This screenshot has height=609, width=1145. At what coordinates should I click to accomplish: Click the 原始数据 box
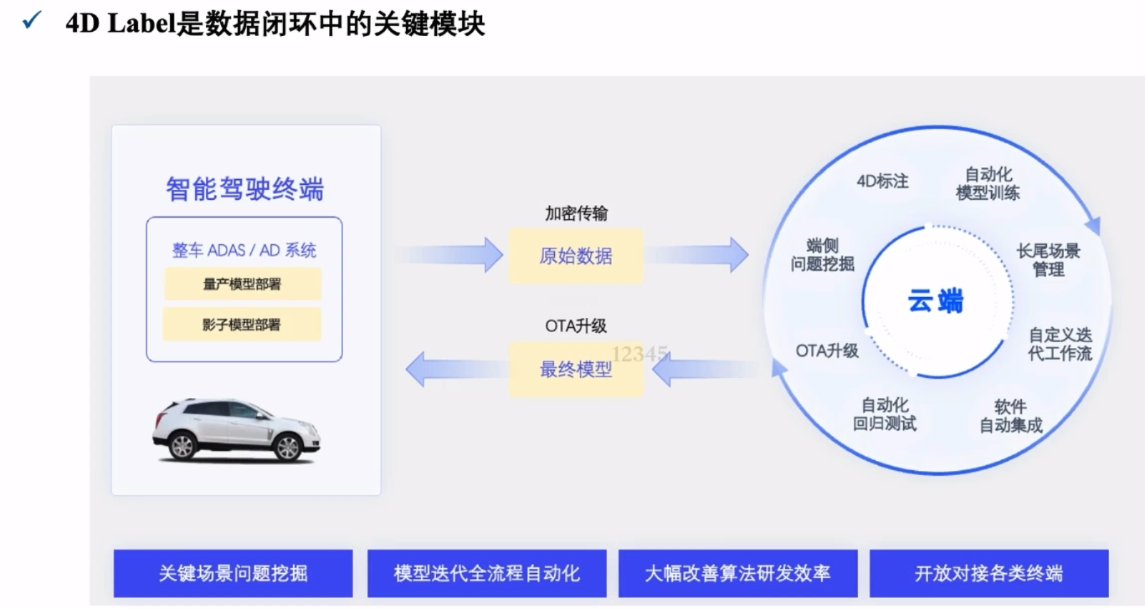pyautogui.click(x=576, y=256)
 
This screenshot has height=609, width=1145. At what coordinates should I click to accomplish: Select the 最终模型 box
pyautogui.click(x=576, y=369)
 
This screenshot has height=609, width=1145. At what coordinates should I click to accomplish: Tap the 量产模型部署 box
pyautogui.click(x=242, y=284)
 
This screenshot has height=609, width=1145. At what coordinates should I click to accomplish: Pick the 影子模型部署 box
pyautogui.click(x=242, y=325)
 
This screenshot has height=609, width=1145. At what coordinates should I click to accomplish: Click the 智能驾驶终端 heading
pyautogui.click(x=244, y=189)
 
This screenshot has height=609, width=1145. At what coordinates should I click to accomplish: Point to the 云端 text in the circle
pyautogui.click(x=935, y=300)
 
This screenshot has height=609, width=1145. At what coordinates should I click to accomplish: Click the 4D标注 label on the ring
pyautogui.click(x=882, y=181)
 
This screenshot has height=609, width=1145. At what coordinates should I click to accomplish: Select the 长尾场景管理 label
pyautogui.click(x=1048, y=260)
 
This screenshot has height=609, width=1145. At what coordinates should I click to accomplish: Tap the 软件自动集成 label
pyautogui.click(x=1011, y=416)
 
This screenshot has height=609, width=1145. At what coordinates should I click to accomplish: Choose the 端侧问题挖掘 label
pyautogui.click(x=822, y=255)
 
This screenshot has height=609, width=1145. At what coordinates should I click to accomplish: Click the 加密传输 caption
pyautogui.click(x=576, y=214)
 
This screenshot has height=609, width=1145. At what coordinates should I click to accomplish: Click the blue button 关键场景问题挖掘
pyautogui.click(x=233, y=573)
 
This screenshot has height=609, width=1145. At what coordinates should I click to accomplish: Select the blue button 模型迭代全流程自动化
pyautogui.click(x=486, y=573)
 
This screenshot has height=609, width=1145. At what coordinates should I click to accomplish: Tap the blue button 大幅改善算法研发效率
pyautogui.click(x=737, y=573)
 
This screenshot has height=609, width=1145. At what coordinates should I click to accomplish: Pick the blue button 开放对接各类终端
pyautogui.click(x=988, y=573)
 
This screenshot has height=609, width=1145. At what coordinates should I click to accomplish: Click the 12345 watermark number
pyautogui.click(x=639, y=354)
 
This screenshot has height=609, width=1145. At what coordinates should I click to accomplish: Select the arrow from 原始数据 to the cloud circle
pyautogui.click(x=700, y=254)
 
